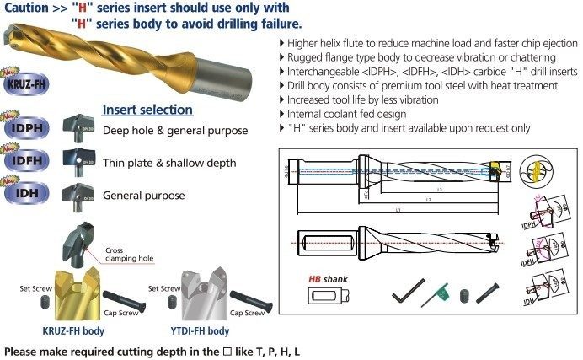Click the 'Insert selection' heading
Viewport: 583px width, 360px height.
click(147, 110)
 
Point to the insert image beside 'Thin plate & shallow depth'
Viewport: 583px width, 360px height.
click(82, 160)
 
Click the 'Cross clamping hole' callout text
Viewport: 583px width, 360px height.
click(128, 254)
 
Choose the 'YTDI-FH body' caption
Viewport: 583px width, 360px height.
click(200, 332)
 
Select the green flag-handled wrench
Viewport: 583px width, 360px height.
click(435, 293)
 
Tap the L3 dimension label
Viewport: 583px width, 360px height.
click(439, 191)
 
